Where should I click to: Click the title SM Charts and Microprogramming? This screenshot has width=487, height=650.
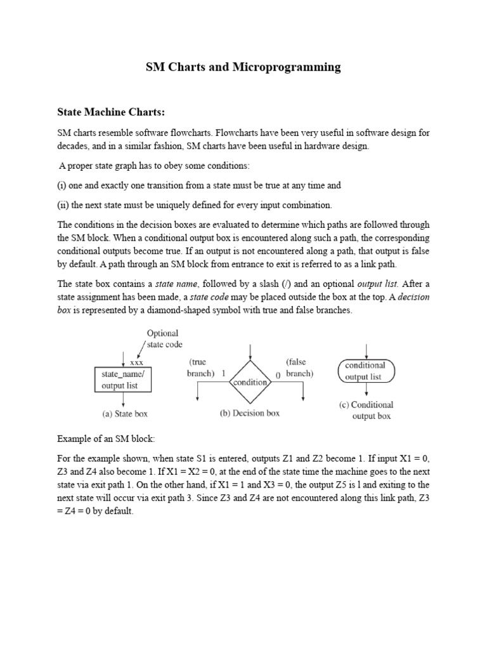(x=243, y=67)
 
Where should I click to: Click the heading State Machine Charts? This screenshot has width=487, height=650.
(x=111, y=112)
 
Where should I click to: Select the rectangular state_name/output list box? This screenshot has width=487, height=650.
(x=123, y=379)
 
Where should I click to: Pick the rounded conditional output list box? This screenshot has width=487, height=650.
(x=366, y=371)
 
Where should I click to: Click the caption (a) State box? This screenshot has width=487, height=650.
(x=125, y=413)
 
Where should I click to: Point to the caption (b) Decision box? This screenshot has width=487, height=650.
(x=250, y=413)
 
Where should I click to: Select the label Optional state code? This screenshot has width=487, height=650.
(x=164, y=338)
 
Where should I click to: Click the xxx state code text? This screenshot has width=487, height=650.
(x=136, y=362)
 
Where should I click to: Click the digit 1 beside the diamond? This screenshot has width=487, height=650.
(x=224, y=375)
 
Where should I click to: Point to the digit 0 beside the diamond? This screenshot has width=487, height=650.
(x=278, y=375)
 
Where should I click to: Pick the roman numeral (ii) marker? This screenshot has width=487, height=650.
(x=63, y=204)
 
